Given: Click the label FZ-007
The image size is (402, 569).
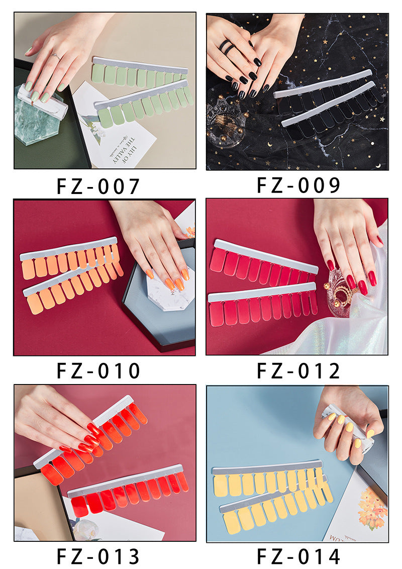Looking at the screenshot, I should pos(98,186).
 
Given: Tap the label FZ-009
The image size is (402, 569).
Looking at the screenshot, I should pos(298,185).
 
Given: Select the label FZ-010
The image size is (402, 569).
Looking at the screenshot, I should pos(98,371).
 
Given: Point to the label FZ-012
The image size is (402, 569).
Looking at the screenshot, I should pos(298,371).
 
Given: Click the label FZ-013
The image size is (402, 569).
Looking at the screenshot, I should pos(98,556).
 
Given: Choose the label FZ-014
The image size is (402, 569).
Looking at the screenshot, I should pos(298,556).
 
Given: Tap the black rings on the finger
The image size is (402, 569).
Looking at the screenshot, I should pos(227,46).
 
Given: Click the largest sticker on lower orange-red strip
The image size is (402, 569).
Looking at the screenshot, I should pos(79,506).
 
